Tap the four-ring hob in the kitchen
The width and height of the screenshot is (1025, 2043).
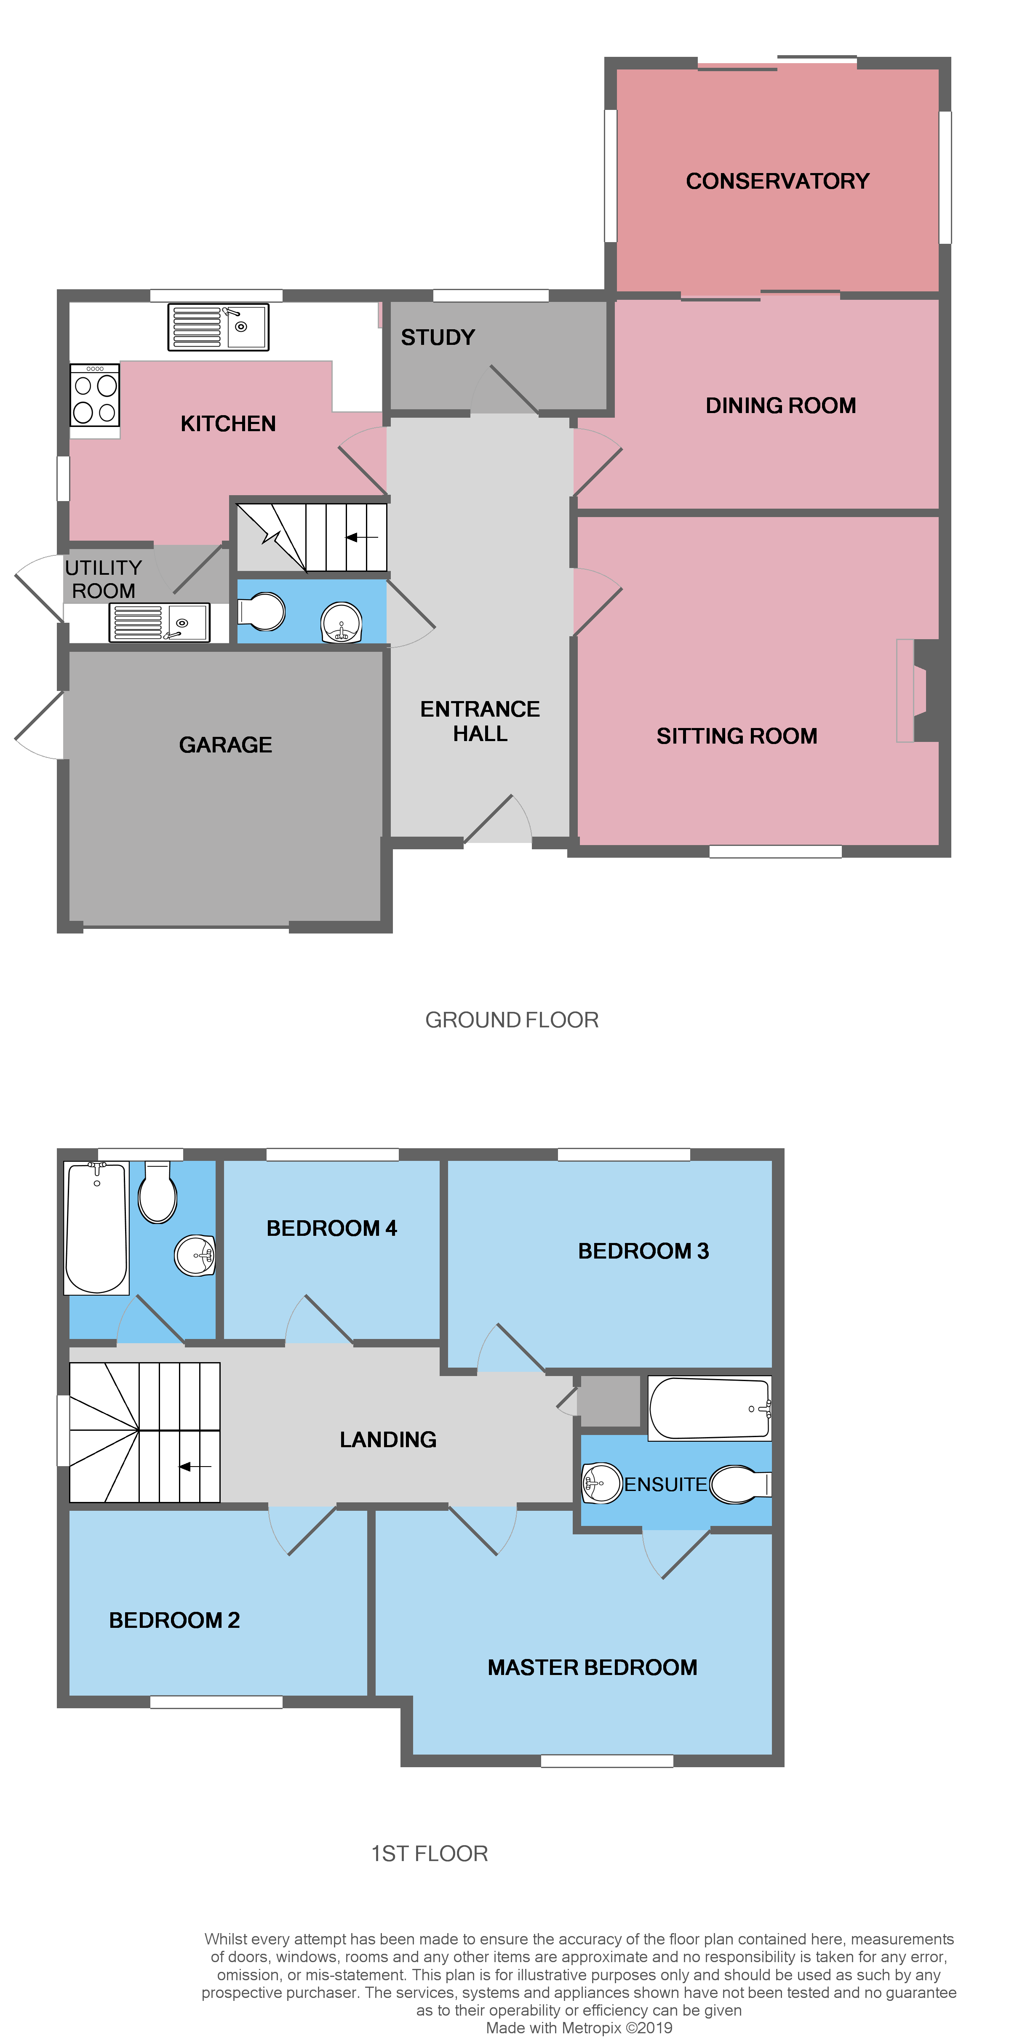pos(94,399)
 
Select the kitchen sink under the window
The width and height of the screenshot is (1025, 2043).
pos(218,327)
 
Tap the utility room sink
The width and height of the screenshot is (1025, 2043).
pos(160,623)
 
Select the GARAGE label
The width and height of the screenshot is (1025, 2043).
pos(225,745)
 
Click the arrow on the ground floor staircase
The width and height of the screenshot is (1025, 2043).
pos(361,538)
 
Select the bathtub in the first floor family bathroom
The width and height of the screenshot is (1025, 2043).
pos(96,1228)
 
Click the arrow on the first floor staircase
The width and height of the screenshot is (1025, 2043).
pos(195,1467)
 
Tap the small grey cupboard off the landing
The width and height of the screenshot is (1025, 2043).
pos(609,1400)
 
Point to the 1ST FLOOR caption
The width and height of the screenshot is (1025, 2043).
pos(429,1854)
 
